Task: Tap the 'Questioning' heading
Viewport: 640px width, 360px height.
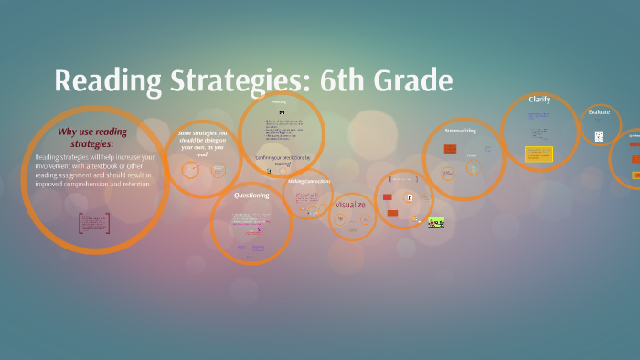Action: point(251,195)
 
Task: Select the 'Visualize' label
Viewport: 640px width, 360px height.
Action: point(350,205)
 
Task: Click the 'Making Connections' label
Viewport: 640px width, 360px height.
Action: point(308,181)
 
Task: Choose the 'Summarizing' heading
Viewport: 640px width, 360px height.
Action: point(460,131)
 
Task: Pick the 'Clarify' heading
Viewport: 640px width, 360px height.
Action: point(539,99)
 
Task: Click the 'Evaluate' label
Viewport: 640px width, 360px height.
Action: point(599,111)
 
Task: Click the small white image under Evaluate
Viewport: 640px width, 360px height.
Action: point(599,136)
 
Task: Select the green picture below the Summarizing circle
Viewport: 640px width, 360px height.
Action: point(437,221)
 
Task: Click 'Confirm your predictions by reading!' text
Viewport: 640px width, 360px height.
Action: point(283,160)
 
